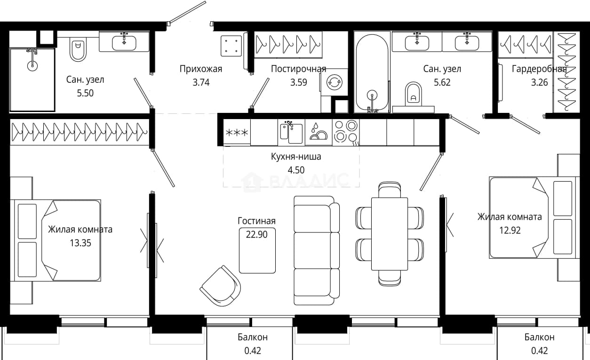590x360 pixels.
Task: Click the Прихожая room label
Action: tap(201, 69)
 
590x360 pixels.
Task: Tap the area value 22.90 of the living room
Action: tap(256, 234)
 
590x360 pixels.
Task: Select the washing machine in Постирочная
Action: tap(335, 83)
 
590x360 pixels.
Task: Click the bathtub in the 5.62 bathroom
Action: tap(372, 74)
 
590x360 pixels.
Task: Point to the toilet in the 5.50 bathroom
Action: tap(78, 49)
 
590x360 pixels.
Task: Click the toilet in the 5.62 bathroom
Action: tap(413, 94)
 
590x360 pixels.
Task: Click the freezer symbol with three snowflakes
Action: tap(237, 132)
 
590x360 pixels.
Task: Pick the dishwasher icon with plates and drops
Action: tap(319, 132)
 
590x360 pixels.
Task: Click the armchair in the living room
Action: tap(221, 286)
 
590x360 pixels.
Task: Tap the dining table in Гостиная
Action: tap(390, 234)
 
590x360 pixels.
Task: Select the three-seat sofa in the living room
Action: tap(317, 250)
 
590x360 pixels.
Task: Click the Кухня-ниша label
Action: tap(296, 157)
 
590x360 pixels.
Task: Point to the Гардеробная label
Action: tap(539, 69)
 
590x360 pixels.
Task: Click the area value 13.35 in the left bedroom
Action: tap(80, 243)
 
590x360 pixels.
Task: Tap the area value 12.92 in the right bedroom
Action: tap(510, 231)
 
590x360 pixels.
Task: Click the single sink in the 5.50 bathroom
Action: tap(124, 43)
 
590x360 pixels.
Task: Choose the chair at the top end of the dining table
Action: tap(390, 189)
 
